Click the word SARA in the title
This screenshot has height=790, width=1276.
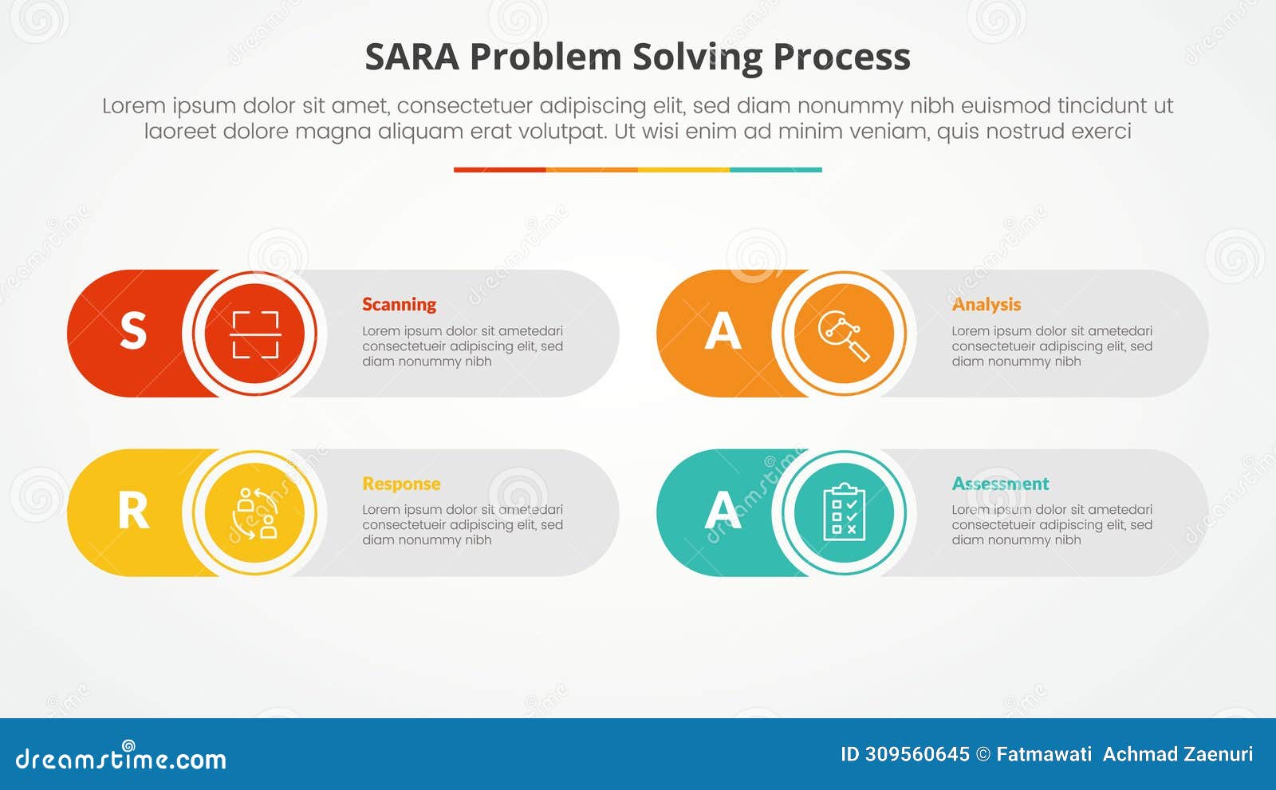tap(412, 57)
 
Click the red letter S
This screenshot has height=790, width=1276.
tap(133, 331)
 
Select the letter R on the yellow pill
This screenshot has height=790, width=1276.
tap(133, 512)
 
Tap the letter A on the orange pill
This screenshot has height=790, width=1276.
tap(723, 331)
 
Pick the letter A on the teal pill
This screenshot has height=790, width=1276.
tap(723, 512)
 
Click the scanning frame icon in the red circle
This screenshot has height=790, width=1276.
tap(255, 334)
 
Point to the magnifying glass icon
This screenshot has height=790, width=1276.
tap(844, 334)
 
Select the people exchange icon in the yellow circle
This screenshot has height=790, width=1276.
tap(255, 513)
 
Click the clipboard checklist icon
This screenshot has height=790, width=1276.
tap(844, 513)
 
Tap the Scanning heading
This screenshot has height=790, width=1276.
tap(399, 304)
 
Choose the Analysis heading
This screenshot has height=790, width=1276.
tap(986, 304)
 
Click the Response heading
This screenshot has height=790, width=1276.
tap(401, 484)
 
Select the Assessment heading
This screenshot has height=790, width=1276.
tap(1000, 484)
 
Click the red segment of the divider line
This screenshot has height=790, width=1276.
tap(499, 169)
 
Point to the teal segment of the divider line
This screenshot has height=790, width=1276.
tap(775, 169)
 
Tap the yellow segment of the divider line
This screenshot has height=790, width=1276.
tap(683, 169)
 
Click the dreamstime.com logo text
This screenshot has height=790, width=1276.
tap(120, 758)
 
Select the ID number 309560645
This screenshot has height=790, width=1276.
tap(917, 754)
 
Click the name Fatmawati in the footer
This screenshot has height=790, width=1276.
tap(1043, 754)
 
